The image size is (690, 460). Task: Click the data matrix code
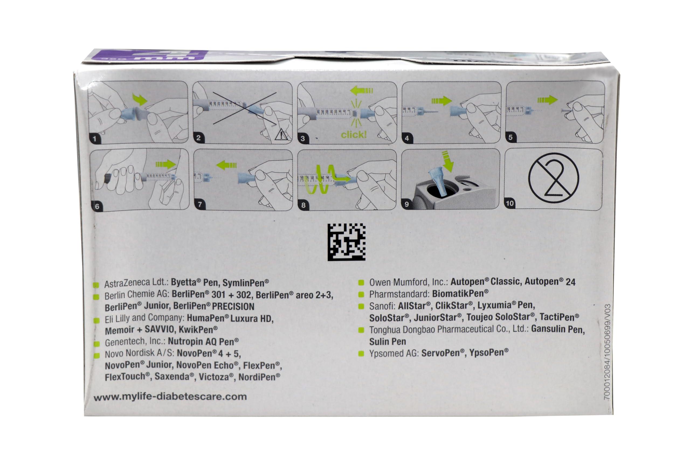pos(346,242)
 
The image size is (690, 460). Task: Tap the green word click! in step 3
pos(354,135)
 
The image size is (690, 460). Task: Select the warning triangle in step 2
pos(281,135)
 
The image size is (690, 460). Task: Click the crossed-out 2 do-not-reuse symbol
pos(553,178)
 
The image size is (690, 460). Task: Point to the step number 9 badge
pos(407,204)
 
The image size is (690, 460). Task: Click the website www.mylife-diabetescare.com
pos(170,397)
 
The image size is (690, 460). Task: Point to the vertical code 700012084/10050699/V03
pos(607,352)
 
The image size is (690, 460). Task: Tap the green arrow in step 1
pos(140,99)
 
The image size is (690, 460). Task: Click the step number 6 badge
pos(97,206)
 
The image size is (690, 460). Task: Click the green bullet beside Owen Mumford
pos(361,282)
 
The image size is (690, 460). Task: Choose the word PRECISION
pos(233,306)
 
